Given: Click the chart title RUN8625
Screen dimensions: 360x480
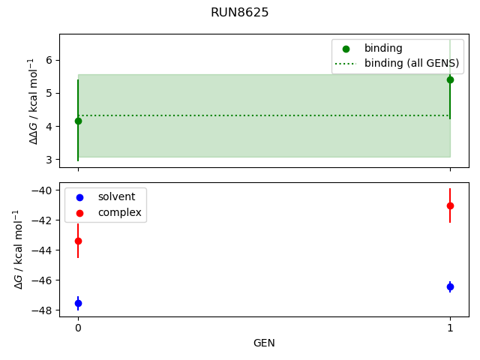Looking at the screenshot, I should click(239, 13).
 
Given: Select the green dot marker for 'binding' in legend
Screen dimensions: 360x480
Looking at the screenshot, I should click(346, 48).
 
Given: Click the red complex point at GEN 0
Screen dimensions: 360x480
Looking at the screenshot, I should click(78, 241).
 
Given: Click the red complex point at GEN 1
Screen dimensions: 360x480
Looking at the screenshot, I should click(450, 205).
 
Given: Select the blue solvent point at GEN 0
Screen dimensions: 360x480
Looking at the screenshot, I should click(78, 303).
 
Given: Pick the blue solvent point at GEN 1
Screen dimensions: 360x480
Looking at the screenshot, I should click(450, 286).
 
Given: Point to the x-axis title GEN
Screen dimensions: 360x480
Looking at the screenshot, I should click(263, 343).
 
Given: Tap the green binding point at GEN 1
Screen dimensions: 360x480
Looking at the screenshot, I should click(450, 79).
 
